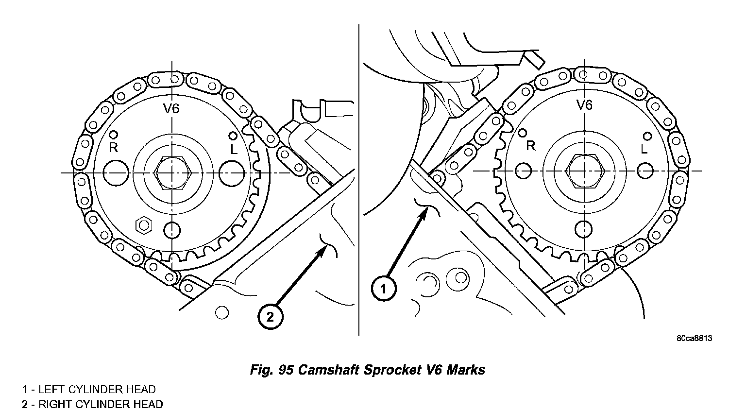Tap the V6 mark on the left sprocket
[x=171, y=109]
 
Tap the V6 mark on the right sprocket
[x=584, y=105]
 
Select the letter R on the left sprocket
[x=113, y=148]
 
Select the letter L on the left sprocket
[x=234, y=150]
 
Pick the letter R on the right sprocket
[x=530, y=145]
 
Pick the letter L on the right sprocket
[x=644, y=149]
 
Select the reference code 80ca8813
[x=694, y=338]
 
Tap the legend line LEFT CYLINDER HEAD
[x=88, y=390]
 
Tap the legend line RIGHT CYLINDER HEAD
[x=92, y=404]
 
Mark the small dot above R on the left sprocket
[x=114, y=135]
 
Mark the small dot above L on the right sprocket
[x=646, y=136]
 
